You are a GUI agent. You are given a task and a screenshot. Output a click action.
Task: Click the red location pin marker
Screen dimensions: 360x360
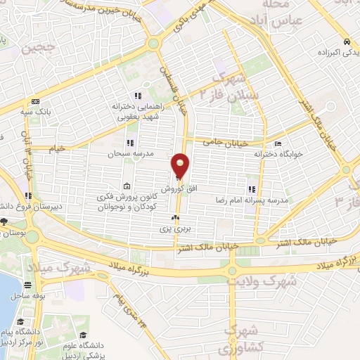pos(181,166)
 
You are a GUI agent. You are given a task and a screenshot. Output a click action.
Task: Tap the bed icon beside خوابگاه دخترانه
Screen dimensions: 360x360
pos(278,144)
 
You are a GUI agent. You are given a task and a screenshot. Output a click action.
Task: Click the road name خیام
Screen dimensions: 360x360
pos(56,148)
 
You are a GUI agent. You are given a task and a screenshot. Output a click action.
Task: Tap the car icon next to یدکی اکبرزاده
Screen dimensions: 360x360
pos(348,40)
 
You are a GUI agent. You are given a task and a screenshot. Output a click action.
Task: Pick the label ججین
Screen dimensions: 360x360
pos(37,50)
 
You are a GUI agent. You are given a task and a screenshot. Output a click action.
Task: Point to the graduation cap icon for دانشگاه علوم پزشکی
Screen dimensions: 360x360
pos(84,335)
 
